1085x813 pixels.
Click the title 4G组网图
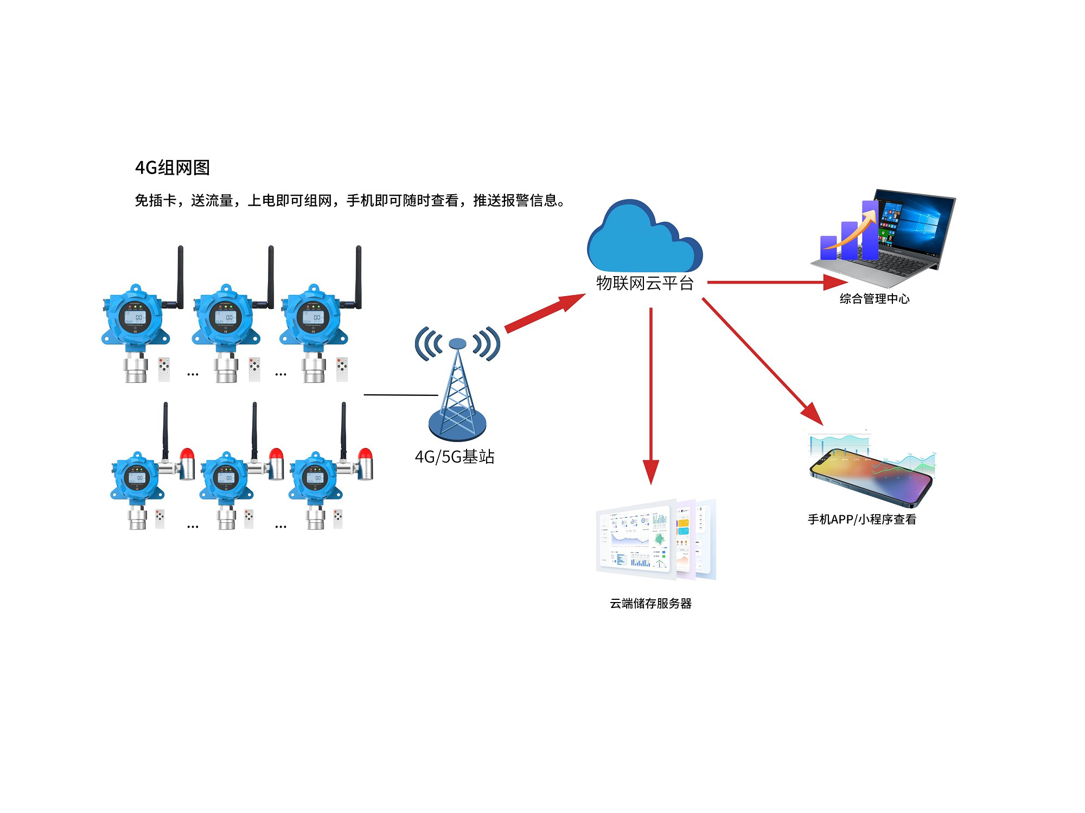(x=173, y=168)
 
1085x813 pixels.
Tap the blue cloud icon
(x=643, y=239)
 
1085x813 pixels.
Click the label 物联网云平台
(x=644, y=283)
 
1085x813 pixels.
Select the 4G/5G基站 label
(x=455, y=457)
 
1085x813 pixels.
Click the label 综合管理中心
(x=874, y=299)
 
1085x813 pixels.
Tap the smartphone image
(x=871, y=475)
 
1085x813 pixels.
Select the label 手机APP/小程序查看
(x=861, y=520)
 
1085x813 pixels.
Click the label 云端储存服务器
(x=650, y=604)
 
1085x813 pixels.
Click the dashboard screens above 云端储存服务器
(x=655, y=540)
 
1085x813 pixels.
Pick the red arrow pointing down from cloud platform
(x=651, y=396)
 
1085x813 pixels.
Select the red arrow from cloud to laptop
(x=776, y=282)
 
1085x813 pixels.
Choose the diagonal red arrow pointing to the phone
(x=762, y=361)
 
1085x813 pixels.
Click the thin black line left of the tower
(x=400, y=395)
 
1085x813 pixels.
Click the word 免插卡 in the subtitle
(x=156, y=201)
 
